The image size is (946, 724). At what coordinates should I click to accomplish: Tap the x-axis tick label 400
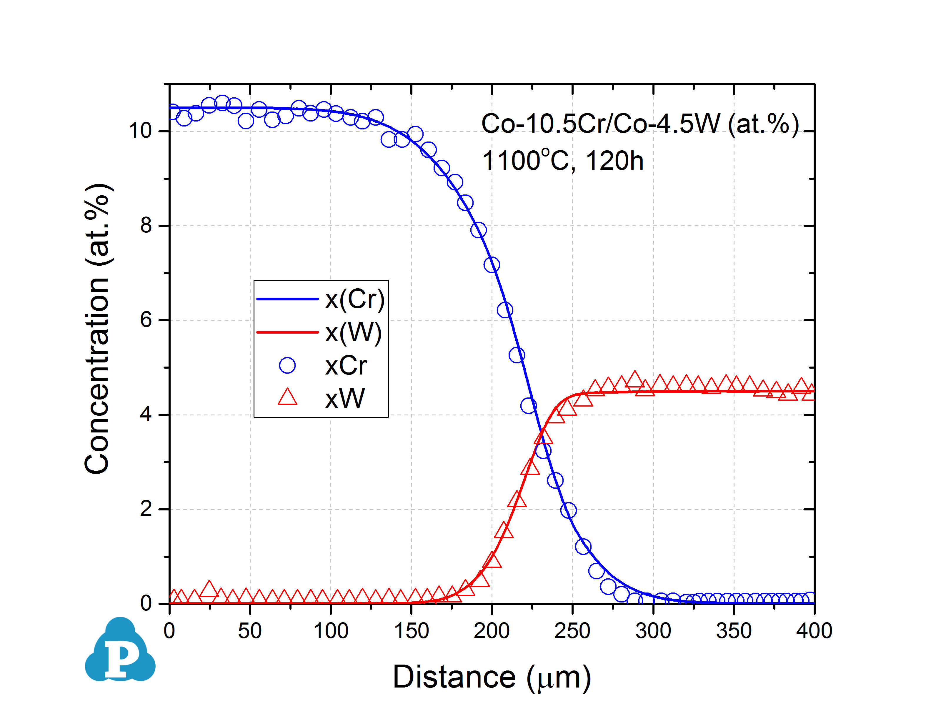[814, 631]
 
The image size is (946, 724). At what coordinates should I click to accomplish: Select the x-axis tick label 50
[250, 631]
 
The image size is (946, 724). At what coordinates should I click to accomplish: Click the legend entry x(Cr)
[354, 299]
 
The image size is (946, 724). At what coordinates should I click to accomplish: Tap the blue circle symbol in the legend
[287, 365]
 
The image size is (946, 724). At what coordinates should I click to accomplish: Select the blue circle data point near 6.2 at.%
[505, 310]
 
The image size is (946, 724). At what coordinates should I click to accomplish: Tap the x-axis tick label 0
[169, 631]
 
